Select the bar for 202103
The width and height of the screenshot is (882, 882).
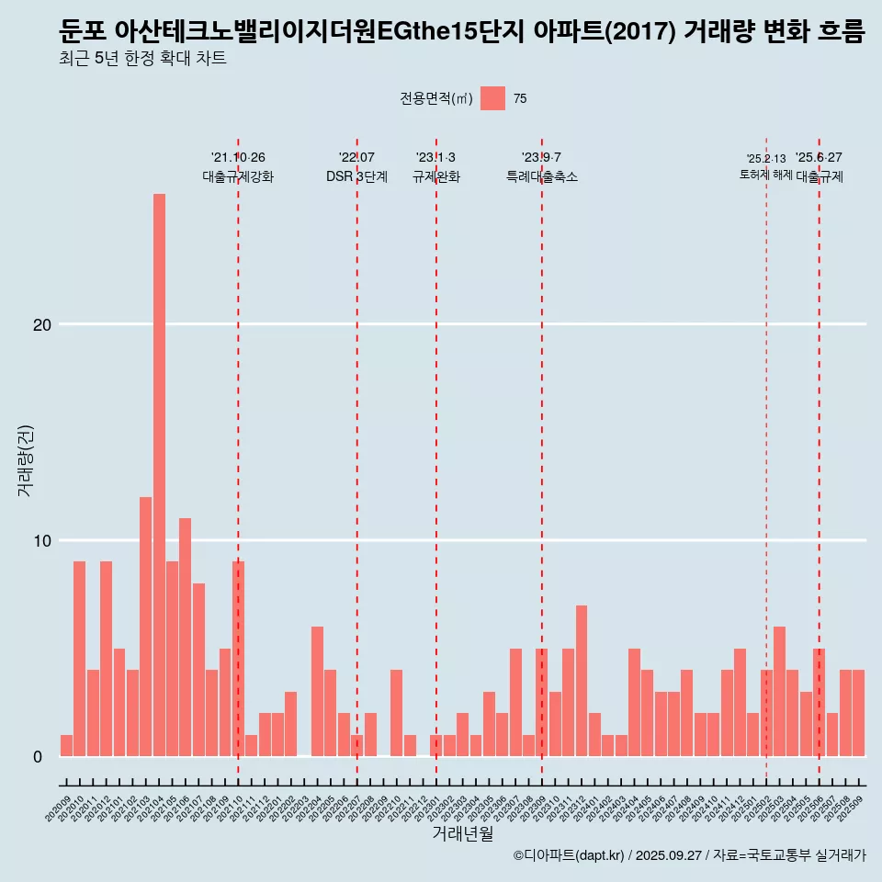[x=146, y=626]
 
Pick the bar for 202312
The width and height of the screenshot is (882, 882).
[x=582, y=680]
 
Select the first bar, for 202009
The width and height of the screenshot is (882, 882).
[x=66, y=745]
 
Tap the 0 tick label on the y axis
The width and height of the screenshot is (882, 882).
[x=39, y=756]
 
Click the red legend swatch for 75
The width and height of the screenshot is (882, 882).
[x=492, y=98]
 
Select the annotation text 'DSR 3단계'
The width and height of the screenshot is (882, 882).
[x=356, y=176]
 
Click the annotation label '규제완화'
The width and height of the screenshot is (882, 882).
[x=435, y=176]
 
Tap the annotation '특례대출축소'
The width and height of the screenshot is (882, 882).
[x=541, y=176]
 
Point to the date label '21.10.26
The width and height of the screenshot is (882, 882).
[x=238, y=157]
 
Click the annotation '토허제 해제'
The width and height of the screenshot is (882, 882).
[x=765, y=175]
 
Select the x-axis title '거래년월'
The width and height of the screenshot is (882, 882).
[x=462, y=833]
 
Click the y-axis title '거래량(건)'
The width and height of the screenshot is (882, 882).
[x=25, y=460]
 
